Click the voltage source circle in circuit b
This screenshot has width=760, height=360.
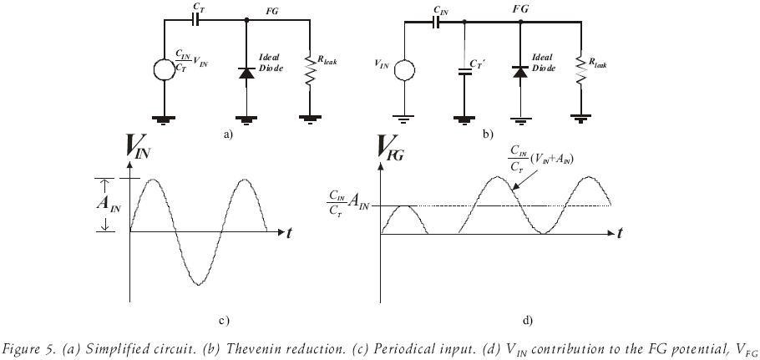point(404,64)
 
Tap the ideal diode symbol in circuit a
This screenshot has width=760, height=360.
point(246,74)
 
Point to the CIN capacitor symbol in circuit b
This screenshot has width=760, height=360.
point(439,23)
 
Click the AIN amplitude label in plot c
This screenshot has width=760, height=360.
point(113,205)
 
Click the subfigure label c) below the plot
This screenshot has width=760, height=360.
point(222,320)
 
